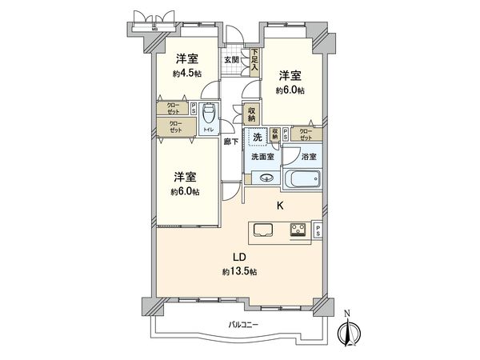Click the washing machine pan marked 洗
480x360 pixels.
pos(257,137)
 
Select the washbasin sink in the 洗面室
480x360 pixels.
pos(266,178)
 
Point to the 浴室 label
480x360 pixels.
pos(308,158)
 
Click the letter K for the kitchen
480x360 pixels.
pos(280,206)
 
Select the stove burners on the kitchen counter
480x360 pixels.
pos(298,231)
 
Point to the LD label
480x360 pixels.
pos(238,258)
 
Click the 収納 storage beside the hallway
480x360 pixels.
pos(252,114)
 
